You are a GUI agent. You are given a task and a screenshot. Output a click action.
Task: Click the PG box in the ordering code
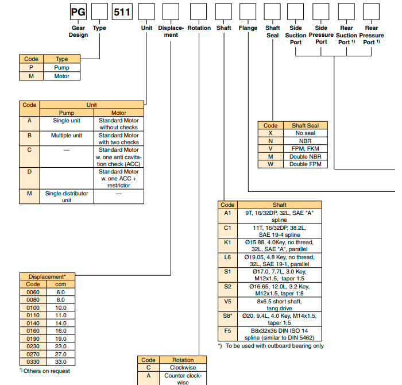point(78,11)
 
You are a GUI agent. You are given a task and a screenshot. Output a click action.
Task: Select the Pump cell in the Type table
point(61,67)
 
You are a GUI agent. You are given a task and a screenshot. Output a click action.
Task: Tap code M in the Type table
point(31,76)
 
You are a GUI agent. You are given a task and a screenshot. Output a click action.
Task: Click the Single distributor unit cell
point(67,197)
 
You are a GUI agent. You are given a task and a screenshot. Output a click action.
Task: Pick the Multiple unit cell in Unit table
point(67,136)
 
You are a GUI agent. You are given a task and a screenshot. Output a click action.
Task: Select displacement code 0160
point(33,331)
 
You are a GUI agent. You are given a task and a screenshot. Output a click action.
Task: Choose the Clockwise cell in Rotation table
point(183,368)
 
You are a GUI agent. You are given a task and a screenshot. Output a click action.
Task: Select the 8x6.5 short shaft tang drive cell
point(279,305)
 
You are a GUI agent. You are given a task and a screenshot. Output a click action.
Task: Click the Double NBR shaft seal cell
point(306,156)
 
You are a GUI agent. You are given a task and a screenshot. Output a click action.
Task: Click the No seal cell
point(306,133)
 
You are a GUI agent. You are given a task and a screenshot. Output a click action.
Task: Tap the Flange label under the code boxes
point(248,28)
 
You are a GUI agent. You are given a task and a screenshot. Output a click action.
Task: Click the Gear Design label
point(78,32)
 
